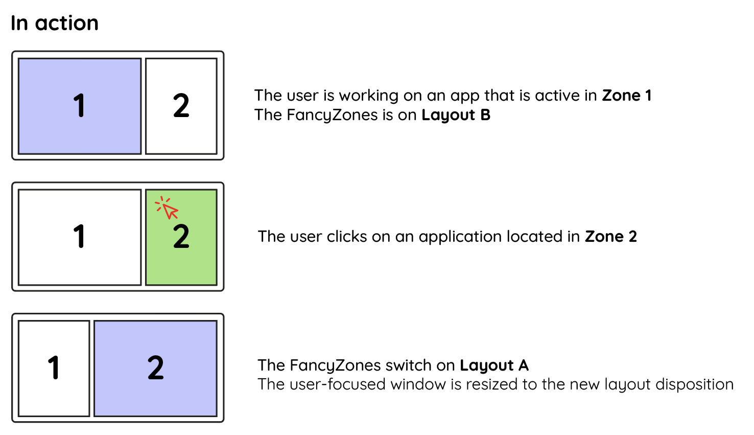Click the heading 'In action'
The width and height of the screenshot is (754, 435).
pos(55,23)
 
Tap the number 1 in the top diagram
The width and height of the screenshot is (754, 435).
pos(79,106)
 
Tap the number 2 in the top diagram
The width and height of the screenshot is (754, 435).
pos(181,106)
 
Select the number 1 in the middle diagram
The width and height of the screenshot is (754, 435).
pos(79,237)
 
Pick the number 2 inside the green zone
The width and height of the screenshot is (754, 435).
pos(181,237)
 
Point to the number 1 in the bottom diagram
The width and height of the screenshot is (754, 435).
pos(54,368)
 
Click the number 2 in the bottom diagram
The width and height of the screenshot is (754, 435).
pos(156,368)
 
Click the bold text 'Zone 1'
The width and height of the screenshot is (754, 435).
pos(627,96)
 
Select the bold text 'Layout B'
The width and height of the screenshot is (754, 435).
pos(456,115)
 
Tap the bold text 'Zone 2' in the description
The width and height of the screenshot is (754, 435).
pos(610,237)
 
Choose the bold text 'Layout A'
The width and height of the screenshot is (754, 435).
pos(494,365)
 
